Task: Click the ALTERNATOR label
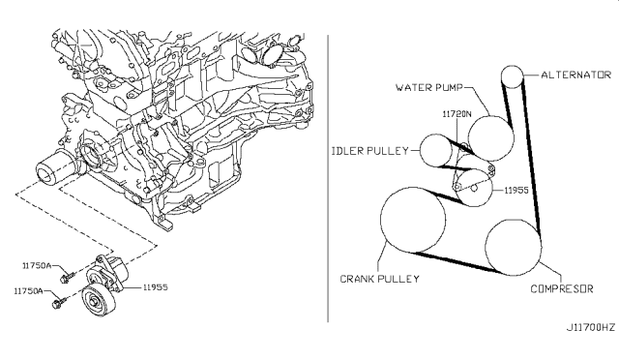click(x=575, y=75)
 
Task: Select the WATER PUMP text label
click(x=428, y=87)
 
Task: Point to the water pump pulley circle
click(x=491, y=116)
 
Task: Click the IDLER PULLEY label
click(x=369, y=151)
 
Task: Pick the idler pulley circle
click(x=420, y=150)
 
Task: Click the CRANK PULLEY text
click(x=379, y=279)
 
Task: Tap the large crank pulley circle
click(x=381, y=220)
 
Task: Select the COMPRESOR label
click(x=561, y=288)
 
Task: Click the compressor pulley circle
click(x=486, y=248)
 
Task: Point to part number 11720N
click(x=457, y=114)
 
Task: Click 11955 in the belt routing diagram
click(x=516, y=190)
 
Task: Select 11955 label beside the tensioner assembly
click(x=155, y=287)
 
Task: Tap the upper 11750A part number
click(x=37, y=265)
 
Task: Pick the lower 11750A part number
click(x=28, y=291)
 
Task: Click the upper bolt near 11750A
click(x=66, y=276)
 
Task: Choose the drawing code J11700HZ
click(x=591, y=327)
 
